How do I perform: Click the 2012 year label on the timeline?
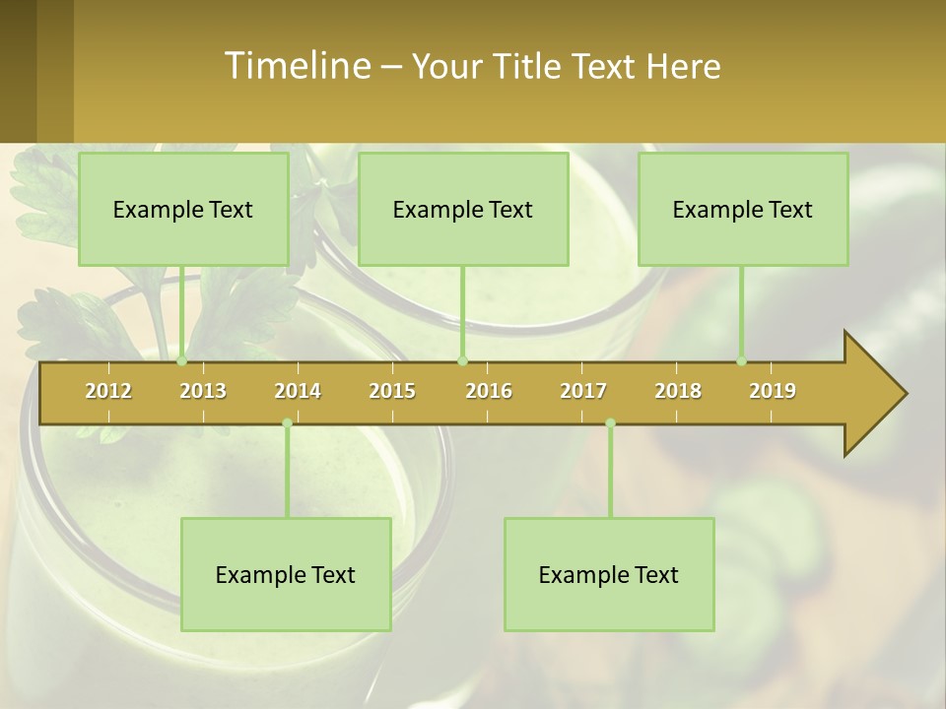(x=108, y=391)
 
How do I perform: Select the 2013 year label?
(x=203, y=391)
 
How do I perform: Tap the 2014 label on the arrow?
(x=298, y=391)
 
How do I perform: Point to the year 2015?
(x=392, y=391)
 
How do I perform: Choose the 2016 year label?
(x=489, y=391)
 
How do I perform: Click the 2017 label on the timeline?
(x=583, y=391)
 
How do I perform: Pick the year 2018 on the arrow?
(x=678, y=391)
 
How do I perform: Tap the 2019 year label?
(x=773, y=391)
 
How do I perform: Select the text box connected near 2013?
(x=183, y=209)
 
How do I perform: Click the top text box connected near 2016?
(x=463, y=209)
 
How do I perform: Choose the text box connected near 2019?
(x=743, y=209)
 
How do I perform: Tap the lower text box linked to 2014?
(x=286, y=574)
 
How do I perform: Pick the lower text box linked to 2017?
(x=609, y=574)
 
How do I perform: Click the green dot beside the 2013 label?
(x=182, y=361)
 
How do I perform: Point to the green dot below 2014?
(x=287, y=423)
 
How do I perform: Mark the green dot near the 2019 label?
(x=742, y=361)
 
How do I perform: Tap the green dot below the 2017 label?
(x=610, y=423)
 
